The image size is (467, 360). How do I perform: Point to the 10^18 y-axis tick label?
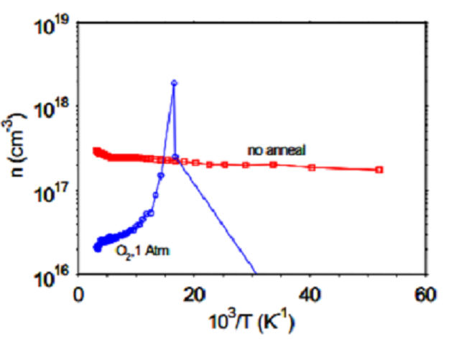click(x=52, y=110)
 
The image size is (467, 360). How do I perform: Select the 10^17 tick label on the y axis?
click(x=52, y=193)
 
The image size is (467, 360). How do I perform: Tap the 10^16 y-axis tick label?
click(x=52, y=276)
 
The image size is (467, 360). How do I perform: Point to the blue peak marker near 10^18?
click(x=174, y=83)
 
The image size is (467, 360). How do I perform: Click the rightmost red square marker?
click(x=379, y=170)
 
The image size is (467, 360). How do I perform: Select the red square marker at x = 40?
click(x=312, y=167)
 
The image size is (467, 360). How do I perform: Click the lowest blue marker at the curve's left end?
click(x=96, y=249)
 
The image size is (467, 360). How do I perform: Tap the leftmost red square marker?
click(x=96, y=151)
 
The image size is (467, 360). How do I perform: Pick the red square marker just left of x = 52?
click(x=379, y=170)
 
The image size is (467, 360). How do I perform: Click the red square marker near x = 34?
click(x=273, y=165)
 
